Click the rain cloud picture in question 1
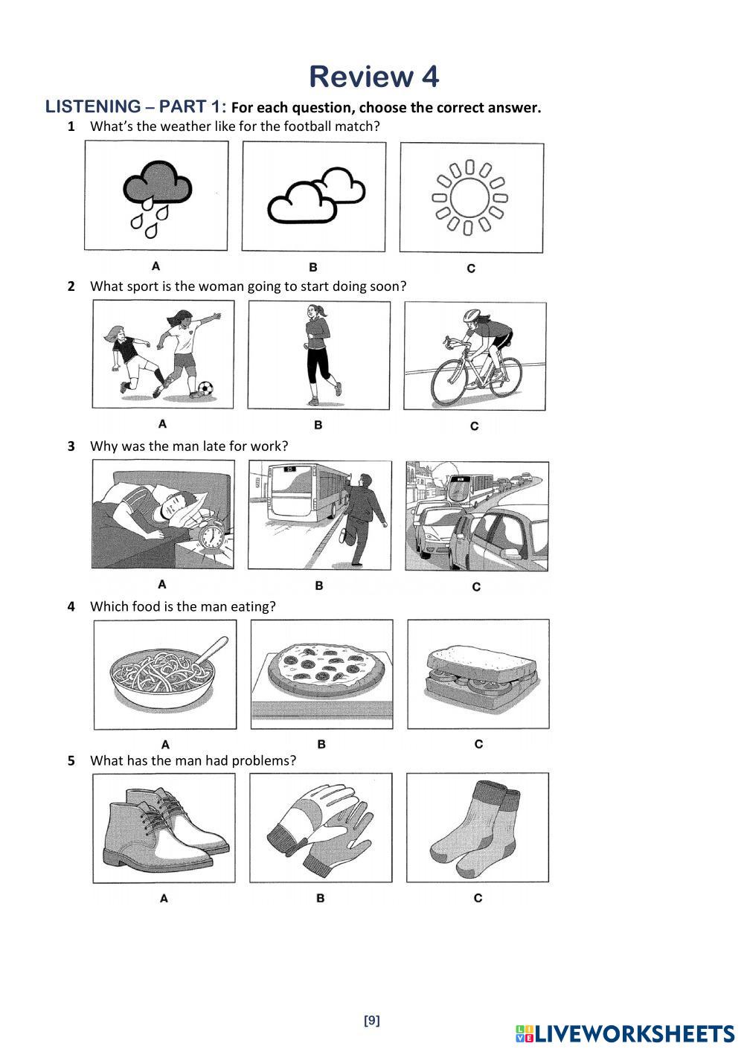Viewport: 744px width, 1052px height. click(x=156, y=196)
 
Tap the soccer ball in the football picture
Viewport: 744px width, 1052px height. click(x=205, y=388)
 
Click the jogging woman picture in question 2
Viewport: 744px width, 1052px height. click(x=319, y=355)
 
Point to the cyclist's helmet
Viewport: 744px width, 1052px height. click(x=472, y=315)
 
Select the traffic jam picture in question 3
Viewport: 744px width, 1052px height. click(x=477, y=516)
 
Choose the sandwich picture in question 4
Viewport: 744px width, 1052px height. click(x=478, y=674)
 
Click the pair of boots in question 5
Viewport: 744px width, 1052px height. click(x=164, y=828)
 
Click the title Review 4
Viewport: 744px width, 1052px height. click(x=373, y=76)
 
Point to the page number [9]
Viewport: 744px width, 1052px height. click(x=372, y=1021)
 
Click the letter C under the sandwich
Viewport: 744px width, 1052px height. click(x=478, y=744)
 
